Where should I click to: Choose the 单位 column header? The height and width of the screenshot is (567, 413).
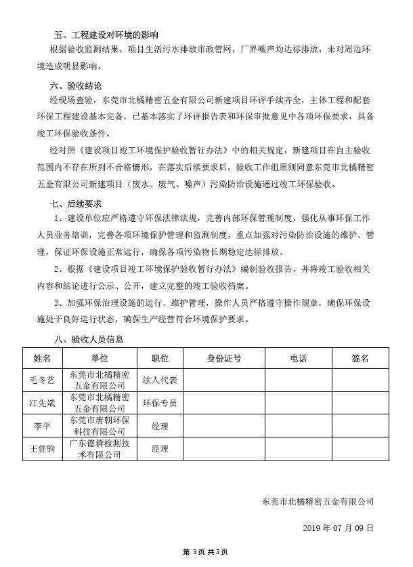click(99, 357)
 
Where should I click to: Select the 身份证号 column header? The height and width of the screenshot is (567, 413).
click(224, 357)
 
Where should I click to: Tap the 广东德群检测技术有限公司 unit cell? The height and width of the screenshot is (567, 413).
click(99, 449)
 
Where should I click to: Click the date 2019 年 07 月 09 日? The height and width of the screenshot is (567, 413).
click(337, 527)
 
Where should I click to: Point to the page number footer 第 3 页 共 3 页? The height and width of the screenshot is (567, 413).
click(206, 552)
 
